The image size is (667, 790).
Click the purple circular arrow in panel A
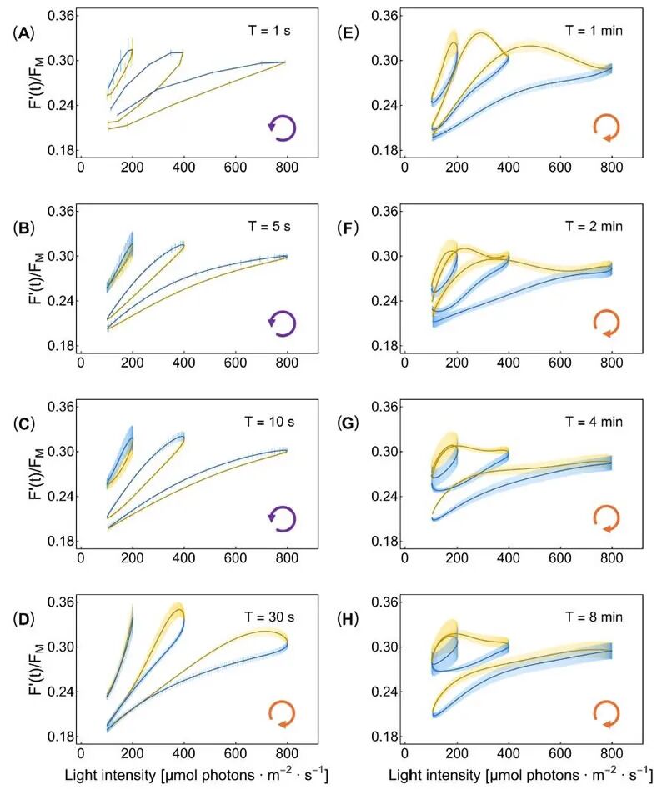pos(282,127)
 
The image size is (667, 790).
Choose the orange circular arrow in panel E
pos(606,127)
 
